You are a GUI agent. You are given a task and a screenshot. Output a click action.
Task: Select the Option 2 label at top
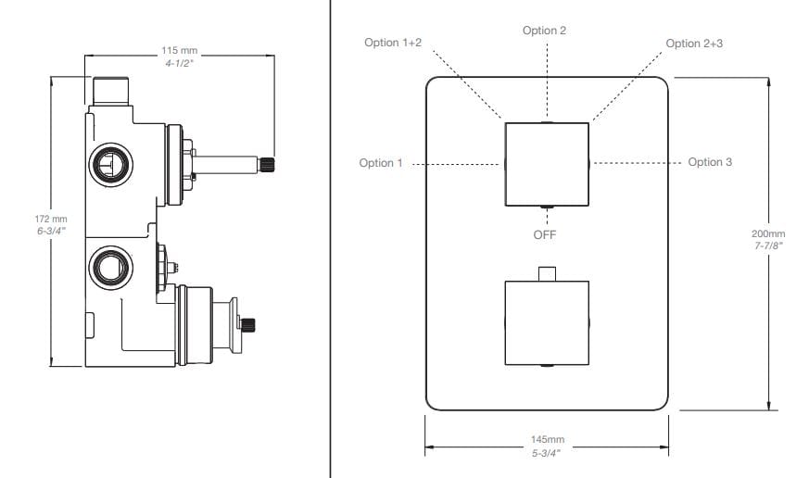(544, 31)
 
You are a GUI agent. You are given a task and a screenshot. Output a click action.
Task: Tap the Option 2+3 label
(696, 44)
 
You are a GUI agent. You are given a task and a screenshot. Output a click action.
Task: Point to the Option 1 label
(381, 163)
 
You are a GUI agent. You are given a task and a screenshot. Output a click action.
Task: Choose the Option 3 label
(710, 162)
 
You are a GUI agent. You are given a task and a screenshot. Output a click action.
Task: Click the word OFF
(545, 234)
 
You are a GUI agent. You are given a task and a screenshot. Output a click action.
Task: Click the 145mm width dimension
(547, 439)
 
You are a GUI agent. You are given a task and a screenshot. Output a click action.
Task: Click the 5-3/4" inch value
(547, 451)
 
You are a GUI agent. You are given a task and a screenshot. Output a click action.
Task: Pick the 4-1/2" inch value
(178, 62)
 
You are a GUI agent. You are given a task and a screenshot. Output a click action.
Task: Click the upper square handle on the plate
(546, 164)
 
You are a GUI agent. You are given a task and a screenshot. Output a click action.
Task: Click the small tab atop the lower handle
(546, 273)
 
